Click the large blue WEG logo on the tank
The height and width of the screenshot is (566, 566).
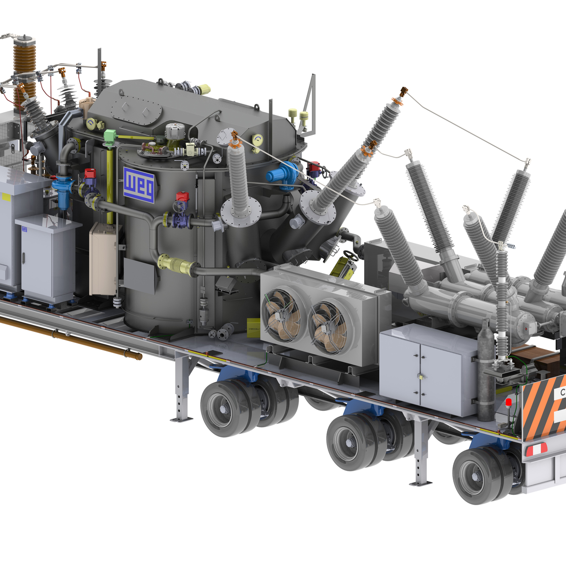tap(139, 185)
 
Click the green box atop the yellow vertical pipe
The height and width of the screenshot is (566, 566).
tap(110, 136)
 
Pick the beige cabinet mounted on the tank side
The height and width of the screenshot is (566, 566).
tap(103, 259)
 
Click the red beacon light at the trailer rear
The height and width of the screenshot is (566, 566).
tap(508, 402)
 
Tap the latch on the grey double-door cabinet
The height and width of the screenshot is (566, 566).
tap(419, 376)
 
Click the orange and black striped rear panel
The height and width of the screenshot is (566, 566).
tap(542, 406)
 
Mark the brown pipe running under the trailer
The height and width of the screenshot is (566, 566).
tap(71, 335)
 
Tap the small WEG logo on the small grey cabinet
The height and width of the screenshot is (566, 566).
tap(25, 229)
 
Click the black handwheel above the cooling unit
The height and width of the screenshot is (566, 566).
tap(350, 255)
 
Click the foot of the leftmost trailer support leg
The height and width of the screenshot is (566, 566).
tap(181, 418)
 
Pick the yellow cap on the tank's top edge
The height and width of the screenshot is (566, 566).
tap(204, 89)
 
